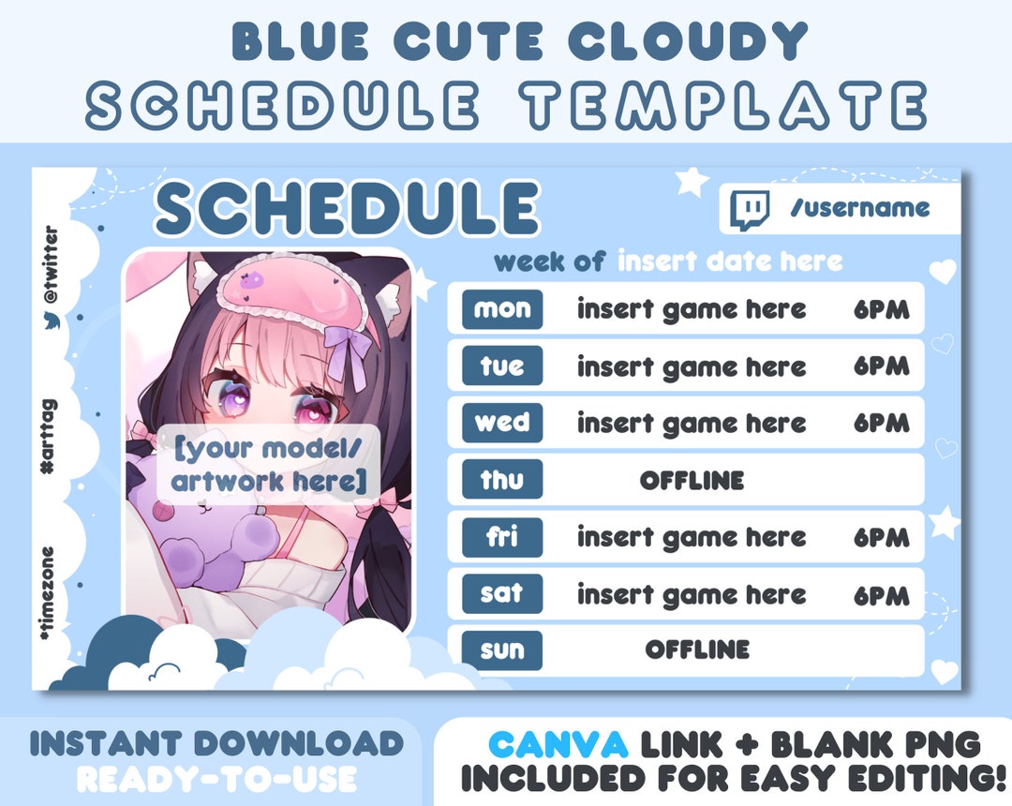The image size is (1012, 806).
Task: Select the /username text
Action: coord(860,208)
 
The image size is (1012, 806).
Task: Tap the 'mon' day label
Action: coord(502,309)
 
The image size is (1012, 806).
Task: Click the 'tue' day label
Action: coord(502,366)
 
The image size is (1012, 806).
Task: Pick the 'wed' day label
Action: coord(502,423)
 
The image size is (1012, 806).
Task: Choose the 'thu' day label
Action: coord(502,481)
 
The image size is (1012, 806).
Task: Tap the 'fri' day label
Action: coord(502,537)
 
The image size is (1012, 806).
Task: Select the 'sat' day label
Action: coord(502,594)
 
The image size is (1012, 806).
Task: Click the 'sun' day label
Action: coord(502,650)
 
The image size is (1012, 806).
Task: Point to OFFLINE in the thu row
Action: coord(692,481)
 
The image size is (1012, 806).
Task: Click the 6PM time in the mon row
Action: coord(881,310)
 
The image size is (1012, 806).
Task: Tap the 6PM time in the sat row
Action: coord(881,595)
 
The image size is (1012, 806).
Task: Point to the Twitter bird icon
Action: coord(51,321)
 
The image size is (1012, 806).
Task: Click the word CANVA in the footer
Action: coord(558,745)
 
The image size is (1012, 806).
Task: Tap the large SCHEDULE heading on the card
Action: coord(347,208)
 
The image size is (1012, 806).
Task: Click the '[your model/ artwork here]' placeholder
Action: coord(268,466)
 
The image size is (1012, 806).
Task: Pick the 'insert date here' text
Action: coord(730,261)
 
